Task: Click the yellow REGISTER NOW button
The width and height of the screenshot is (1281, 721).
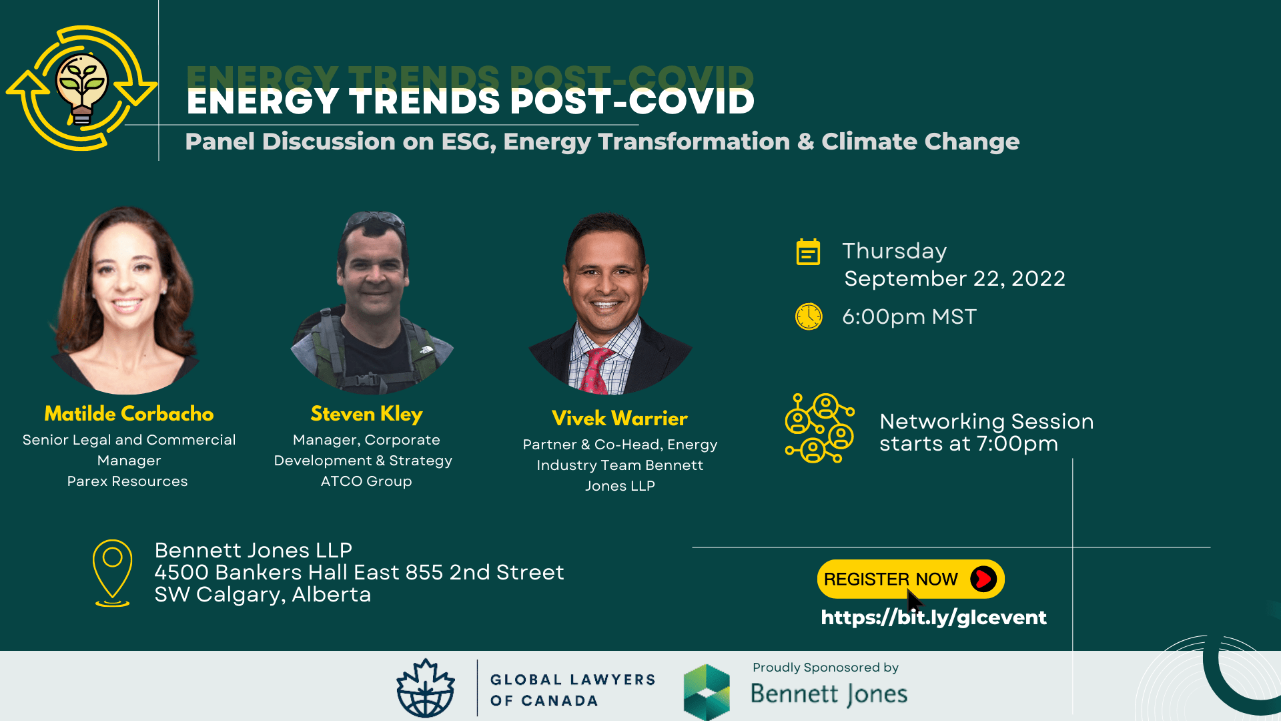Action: tap(891, 579)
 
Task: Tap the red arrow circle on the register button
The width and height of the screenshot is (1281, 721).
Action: tap(983, 579)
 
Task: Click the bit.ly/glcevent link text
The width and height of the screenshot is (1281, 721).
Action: tap(933, 618)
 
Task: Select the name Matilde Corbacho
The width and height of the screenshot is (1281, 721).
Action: tap(129, 414)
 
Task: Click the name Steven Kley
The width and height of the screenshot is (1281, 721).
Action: tap(366, 414)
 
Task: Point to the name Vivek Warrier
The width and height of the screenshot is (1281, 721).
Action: tap(619, 419)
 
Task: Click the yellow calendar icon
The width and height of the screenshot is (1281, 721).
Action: tap(808, 252)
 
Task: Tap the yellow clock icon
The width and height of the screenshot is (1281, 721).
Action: tap(809, 316)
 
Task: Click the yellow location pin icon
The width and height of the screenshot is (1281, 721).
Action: tap(112, 572)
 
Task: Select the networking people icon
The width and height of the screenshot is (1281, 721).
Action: tap(820, 429)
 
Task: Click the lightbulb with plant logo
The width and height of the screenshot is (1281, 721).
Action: tap(82, 88)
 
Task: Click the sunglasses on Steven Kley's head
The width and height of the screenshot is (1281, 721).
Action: tap(374, 220)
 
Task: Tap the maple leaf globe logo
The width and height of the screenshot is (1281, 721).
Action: tap(426, 689)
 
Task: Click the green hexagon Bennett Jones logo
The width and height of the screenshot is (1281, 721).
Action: tap(707, 692)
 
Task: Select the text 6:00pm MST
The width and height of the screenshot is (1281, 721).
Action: tap(909, 316)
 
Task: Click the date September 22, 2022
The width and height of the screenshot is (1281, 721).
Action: tap(954, 278)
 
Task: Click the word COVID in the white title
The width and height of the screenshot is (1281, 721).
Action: tap(691, 101)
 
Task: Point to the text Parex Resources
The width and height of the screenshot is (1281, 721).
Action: tap(127, 481)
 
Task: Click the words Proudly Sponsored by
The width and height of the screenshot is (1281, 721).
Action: tap(825, 668)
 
